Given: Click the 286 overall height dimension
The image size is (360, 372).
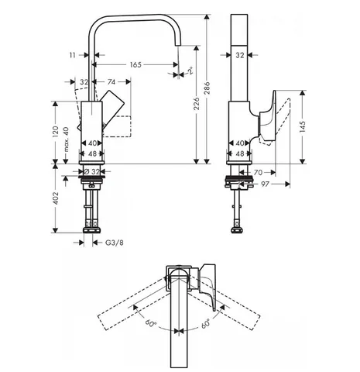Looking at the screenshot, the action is (207, 88).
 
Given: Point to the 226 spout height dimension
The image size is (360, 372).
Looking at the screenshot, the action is (197, 103).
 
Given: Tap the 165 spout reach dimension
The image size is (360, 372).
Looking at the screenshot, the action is (135, 64).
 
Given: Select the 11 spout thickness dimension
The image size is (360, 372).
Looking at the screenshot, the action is (73, 55).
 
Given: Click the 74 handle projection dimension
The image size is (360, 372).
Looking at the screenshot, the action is (111, 82).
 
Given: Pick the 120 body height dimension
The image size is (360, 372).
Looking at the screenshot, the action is (56, 132).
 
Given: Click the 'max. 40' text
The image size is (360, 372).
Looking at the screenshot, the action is (67, 139).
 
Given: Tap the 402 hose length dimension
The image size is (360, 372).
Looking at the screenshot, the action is (56, 198).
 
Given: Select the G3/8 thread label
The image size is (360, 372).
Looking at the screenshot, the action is (115, 243).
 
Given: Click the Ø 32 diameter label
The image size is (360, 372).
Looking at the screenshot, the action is (92, 171).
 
